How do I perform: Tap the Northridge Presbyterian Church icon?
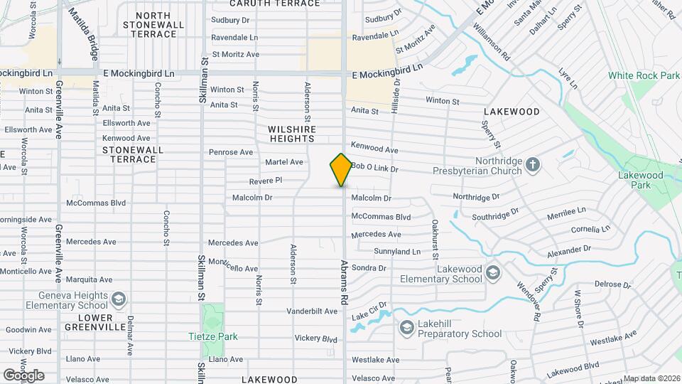pos(533,166)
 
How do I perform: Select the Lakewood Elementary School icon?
pos(492,273)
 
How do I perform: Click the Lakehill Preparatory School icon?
pos(406,328)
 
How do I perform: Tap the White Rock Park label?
pos(644,75)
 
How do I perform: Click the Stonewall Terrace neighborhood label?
pos(133,154)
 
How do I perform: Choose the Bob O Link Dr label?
pos(374,168)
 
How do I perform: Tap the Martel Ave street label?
pos(284,162)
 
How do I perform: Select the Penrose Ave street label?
pos(231,152)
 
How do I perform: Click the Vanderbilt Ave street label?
pos(312,311)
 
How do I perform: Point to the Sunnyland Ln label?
pos(397,252)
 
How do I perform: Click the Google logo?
pos(23,375)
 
